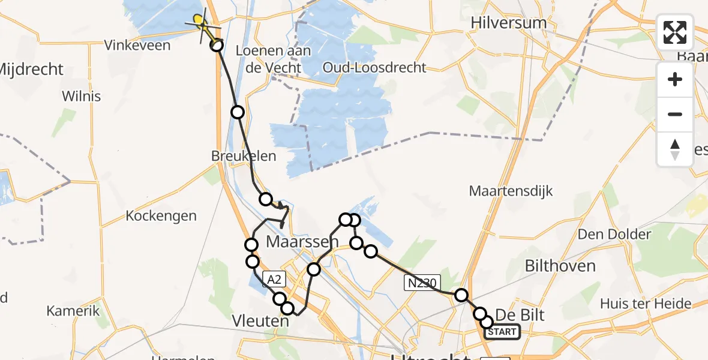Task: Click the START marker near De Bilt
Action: click(502, 332)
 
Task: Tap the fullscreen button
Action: click(675, 32)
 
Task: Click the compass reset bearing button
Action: click(675, 149)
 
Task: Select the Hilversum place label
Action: click(509, 23)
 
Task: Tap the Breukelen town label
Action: click(244, 156)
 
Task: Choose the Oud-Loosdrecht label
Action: click(374, 67)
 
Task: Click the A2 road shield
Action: click(274, 278)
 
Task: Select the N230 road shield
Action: click(422, 283)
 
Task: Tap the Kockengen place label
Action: click(161, 215)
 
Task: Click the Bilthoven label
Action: click(560, 266)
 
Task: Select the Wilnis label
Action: click(81, 96)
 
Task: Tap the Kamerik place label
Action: click(73, 311)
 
